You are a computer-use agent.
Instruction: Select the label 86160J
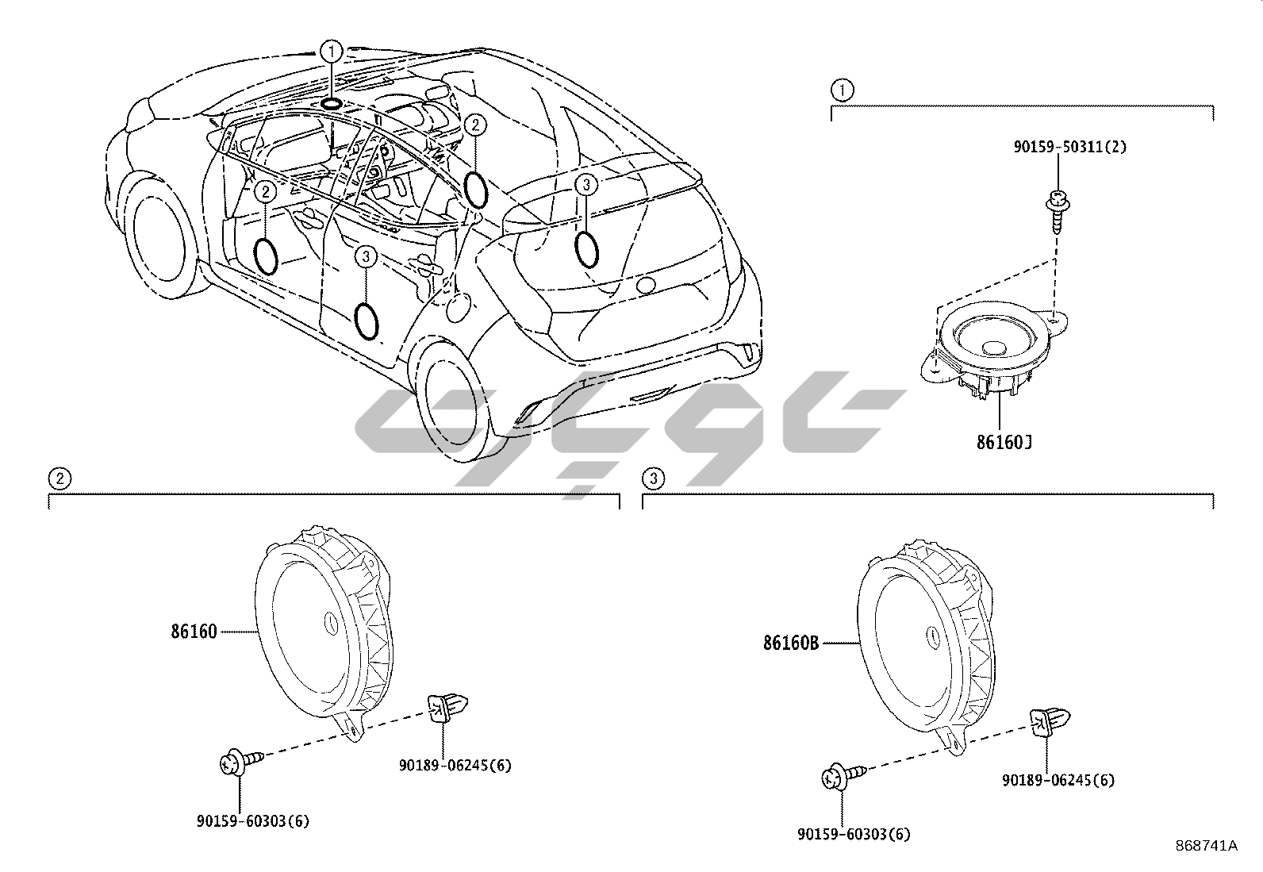click(1004, 441)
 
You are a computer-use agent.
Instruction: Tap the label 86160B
click(791, 643)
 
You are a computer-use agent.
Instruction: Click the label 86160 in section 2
click(193, 632)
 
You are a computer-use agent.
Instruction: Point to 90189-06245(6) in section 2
click(455, 765)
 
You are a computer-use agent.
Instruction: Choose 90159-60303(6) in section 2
click(252, 821)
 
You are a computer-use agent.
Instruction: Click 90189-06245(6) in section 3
click(1058, 780)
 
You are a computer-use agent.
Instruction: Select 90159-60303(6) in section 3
click(854, 834)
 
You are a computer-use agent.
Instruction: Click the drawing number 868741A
click(1207, 846)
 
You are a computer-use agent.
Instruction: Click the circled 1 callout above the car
click(331, 52)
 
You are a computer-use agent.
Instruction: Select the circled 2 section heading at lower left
click(59, 478)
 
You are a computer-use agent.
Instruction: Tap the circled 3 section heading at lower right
click(652, 478)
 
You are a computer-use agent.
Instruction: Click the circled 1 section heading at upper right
click(841, 90)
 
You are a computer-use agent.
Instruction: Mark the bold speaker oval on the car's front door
click(266, 255)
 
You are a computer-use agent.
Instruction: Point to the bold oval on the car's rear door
click(366, 320)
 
